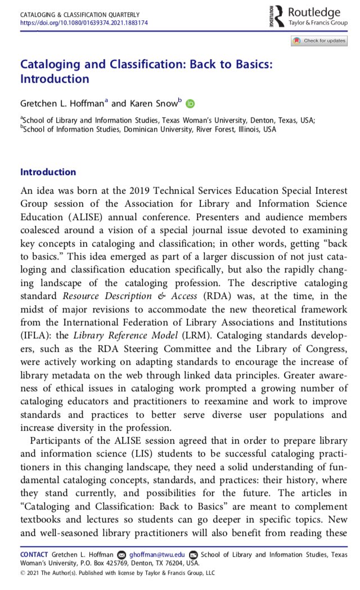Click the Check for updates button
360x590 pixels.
pos(318,41)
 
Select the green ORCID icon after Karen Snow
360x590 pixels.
pos(190,103)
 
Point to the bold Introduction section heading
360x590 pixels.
pos(48,172)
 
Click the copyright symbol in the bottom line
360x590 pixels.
pos(22,573)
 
